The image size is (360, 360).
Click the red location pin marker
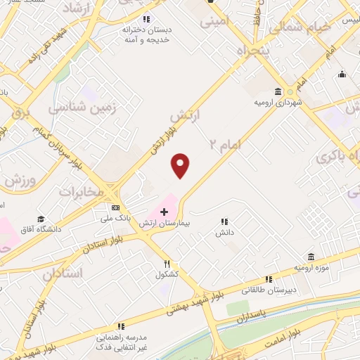click(181, 166)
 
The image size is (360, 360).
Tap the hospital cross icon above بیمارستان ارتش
click(164, 211)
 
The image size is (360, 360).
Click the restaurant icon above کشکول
click(167, 264)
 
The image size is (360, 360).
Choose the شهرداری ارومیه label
click(277, 103)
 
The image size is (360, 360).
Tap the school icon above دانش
click(225, 221)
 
